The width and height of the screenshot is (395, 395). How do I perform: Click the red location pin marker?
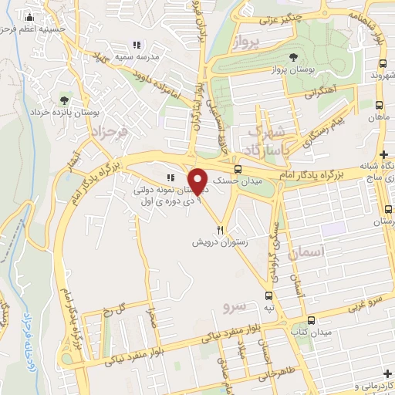[199, 181]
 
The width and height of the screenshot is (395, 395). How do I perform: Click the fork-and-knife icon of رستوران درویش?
[221, 230]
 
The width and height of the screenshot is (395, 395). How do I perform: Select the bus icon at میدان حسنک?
[238, 168]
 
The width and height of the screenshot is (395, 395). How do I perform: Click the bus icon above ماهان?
[380, 105]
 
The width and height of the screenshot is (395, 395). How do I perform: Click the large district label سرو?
[234, 306]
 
